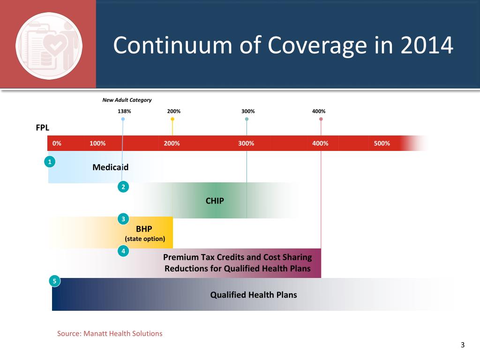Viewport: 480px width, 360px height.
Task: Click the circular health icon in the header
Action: point(49,45)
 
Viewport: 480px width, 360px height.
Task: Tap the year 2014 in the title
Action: point(427,46)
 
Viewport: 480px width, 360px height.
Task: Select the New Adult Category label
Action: point(127,100)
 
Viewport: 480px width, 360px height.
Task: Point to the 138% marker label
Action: point(124,112)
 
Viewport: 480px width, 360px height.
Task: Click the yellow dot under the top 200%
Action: point(172,119)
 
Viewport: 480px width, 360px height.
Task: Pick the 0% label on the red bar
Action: point(57,143)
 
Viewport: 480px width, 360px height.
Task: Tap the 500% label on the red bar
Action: point(382,143)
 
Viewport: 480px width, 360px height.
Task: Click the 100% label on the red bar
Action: point(97,143)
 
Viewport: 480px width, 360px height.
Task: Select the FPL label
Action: point(43,127)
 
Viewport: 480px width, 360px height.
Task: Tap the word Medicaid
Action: point(111,167)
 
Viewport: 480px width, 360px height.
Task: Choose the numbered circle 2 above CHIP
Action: point(123,187)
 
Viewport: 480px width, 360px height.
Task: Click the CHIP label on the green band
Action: point(215,201)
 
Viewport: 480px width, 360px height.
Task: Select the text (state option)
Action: point(145,239)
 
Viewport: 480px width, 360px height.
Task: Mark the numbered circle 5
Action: point(54,281)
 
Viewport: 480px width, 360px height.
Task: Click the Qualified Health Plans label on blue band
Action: point(254,295)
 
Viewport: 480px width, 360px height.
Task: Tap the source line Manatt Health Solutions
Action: point(110,334)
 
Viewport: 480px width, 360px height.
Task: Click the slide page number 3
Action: point(463,346)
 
